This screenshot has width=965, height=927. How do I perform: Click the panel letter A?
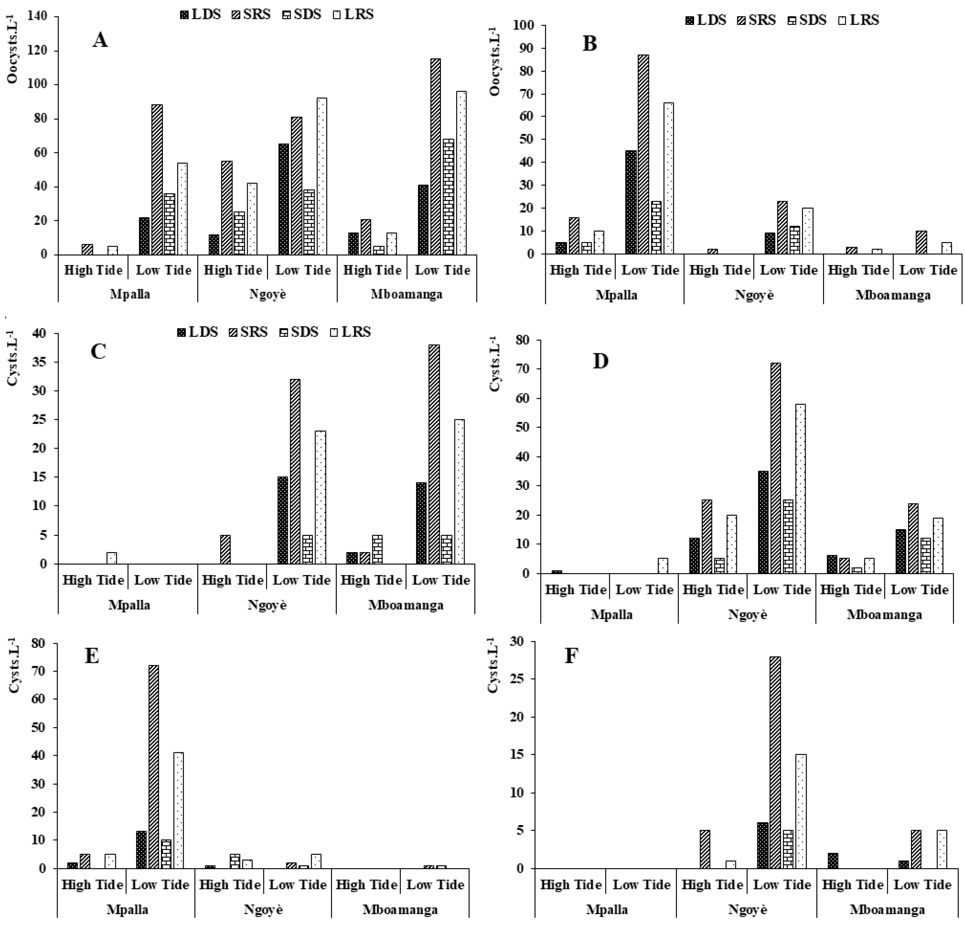point(100,40)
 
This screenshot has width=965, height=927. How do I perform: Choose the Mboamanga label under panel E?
point(400,910)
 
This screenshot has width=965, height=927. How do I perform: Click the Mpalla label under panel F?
point(607,910)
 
